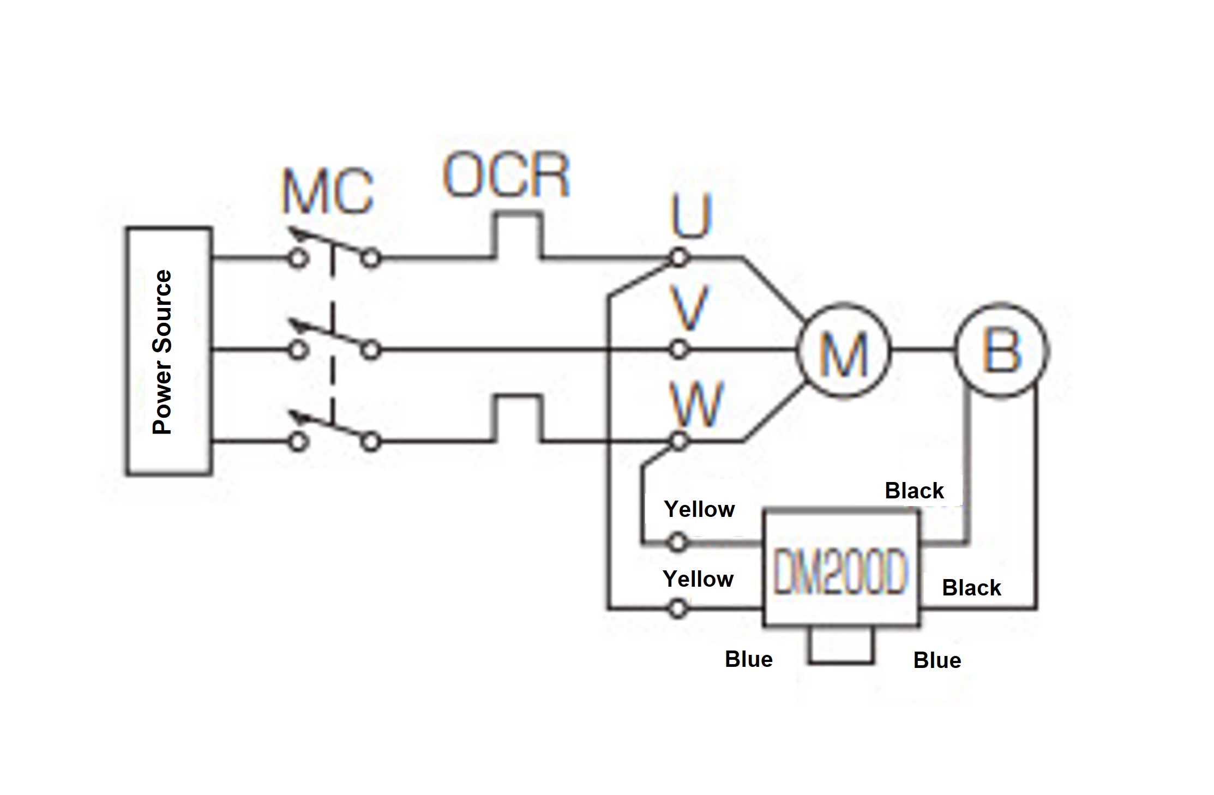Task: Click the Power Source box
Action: [x=169, y=352]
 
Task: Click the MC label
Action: [x=328, y=192]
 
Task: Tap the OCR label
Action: [x=506, y=176]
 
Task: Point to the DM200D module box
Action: [x=840, y=567]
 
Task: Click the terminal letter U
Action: [x=692, y=218]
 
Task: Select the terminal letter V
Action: [x=690, y=309]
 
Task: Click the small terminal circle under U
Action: [x=678, y=257]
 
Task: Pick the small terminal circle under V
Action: [x=678, y=350]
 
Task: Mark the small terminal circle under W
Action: [x=678, y=441]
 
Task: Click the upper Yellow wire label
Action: [x=699, y=509]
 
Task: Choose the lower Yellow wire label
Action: [x=698, y=579]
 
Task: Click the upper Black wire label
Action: [x=914, y=491]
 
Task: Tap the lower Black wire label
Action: [x=971, y=588]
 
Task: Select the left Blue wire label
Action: [x=748, y=659]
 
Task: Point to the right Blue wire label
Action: [x=937, y=660]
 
